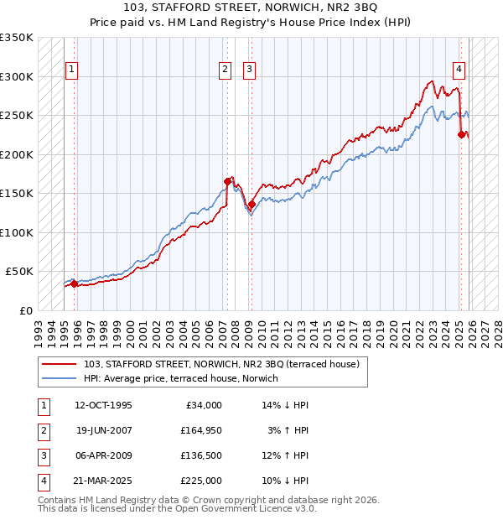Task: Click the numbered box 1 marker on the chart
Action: pyautogui.click(x=73, y=70)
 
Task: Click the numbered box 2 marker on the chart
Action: pyautogui.click(x=226, y=70)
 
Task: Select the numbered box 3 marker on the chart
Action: pyautogui.click(x=250, y=70)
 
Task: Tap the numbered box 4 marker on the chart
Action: pyautogui.click(x=459, y=70)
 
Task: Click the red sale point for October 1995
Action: pyautogui.click(x=75, y=283)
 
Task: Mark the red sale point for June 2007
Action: pyautogui.click(x=227, y=181)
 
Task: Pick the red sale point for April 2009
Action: pyautogui.click(x=251, y=204)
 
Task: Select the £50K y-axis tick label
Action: pyautogui.click(x=18, y=272)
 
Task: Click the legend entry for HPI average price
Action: pyautogui.click(x=182, y=379)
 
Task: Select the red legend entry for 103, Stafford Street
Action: pyautogui.click(x=221, y=364)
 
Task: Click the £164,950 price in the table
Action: pyautogui.click(x=201, y=430)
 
